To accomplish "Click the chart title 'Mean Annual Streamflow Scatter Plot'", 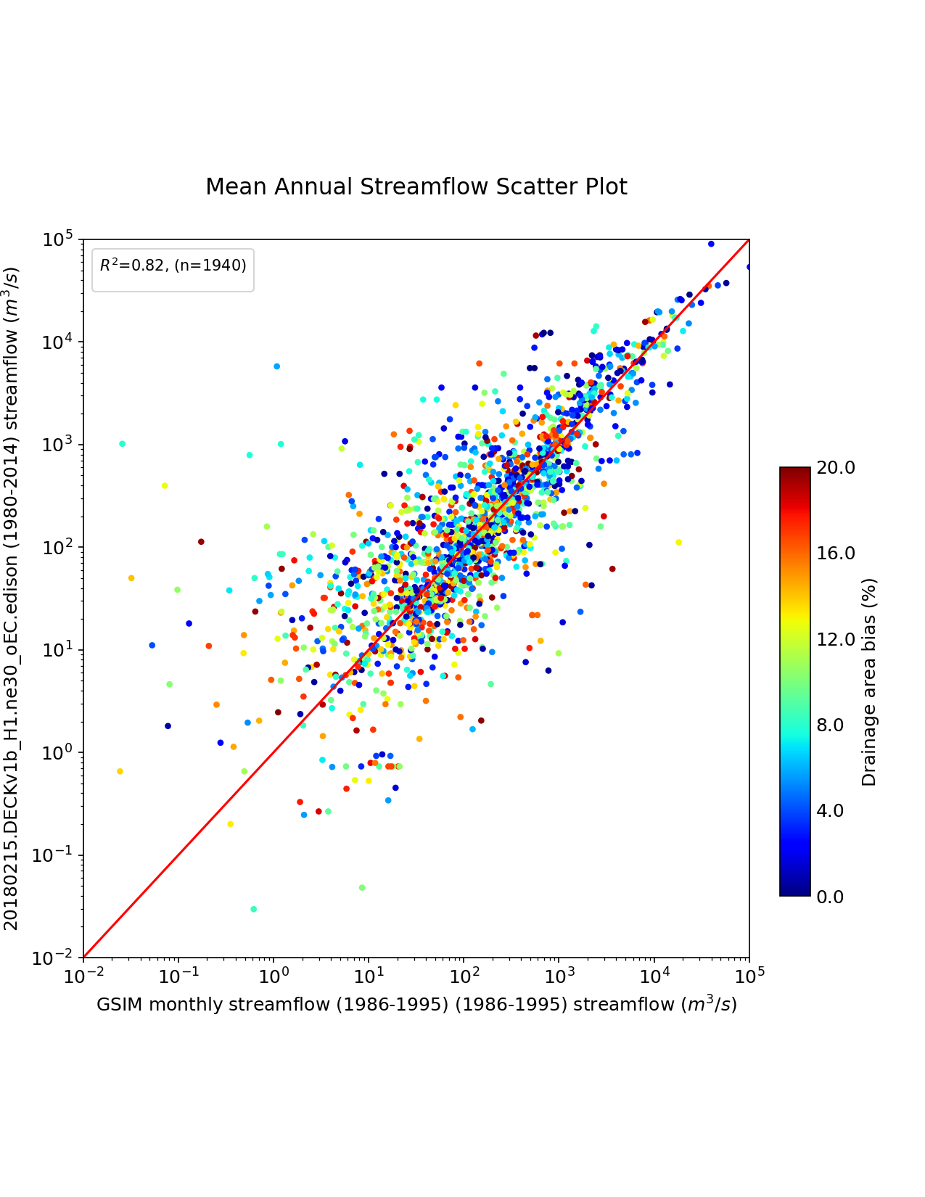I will click(x=416, y=187).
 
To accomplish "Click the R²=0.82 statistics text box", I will click(x=173, y=266).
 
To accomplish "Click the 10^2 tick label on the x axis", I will click(x=464, y=976).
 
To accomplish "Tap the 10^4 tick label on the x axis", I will click(x=654, y=976).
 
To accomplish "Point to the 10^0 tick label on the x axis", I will click(x=274, y=976).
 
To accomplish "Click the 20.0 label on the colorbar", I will click(x=836, y=468).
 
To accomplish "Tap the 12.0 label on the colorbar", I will click(x=836, y=639).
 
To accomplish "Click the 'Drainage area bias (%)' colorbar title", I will click(x=869, y=682).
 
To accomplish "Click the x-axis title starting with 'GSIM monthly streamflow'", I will click(x=416, y=1005).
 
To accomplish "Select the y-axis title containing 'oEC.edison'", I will click(x=12, y=598).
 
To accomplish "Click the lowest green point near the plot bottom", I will click(x=253, y=909).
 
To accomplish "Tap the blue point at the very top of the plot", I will click(x=711, y=244).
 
